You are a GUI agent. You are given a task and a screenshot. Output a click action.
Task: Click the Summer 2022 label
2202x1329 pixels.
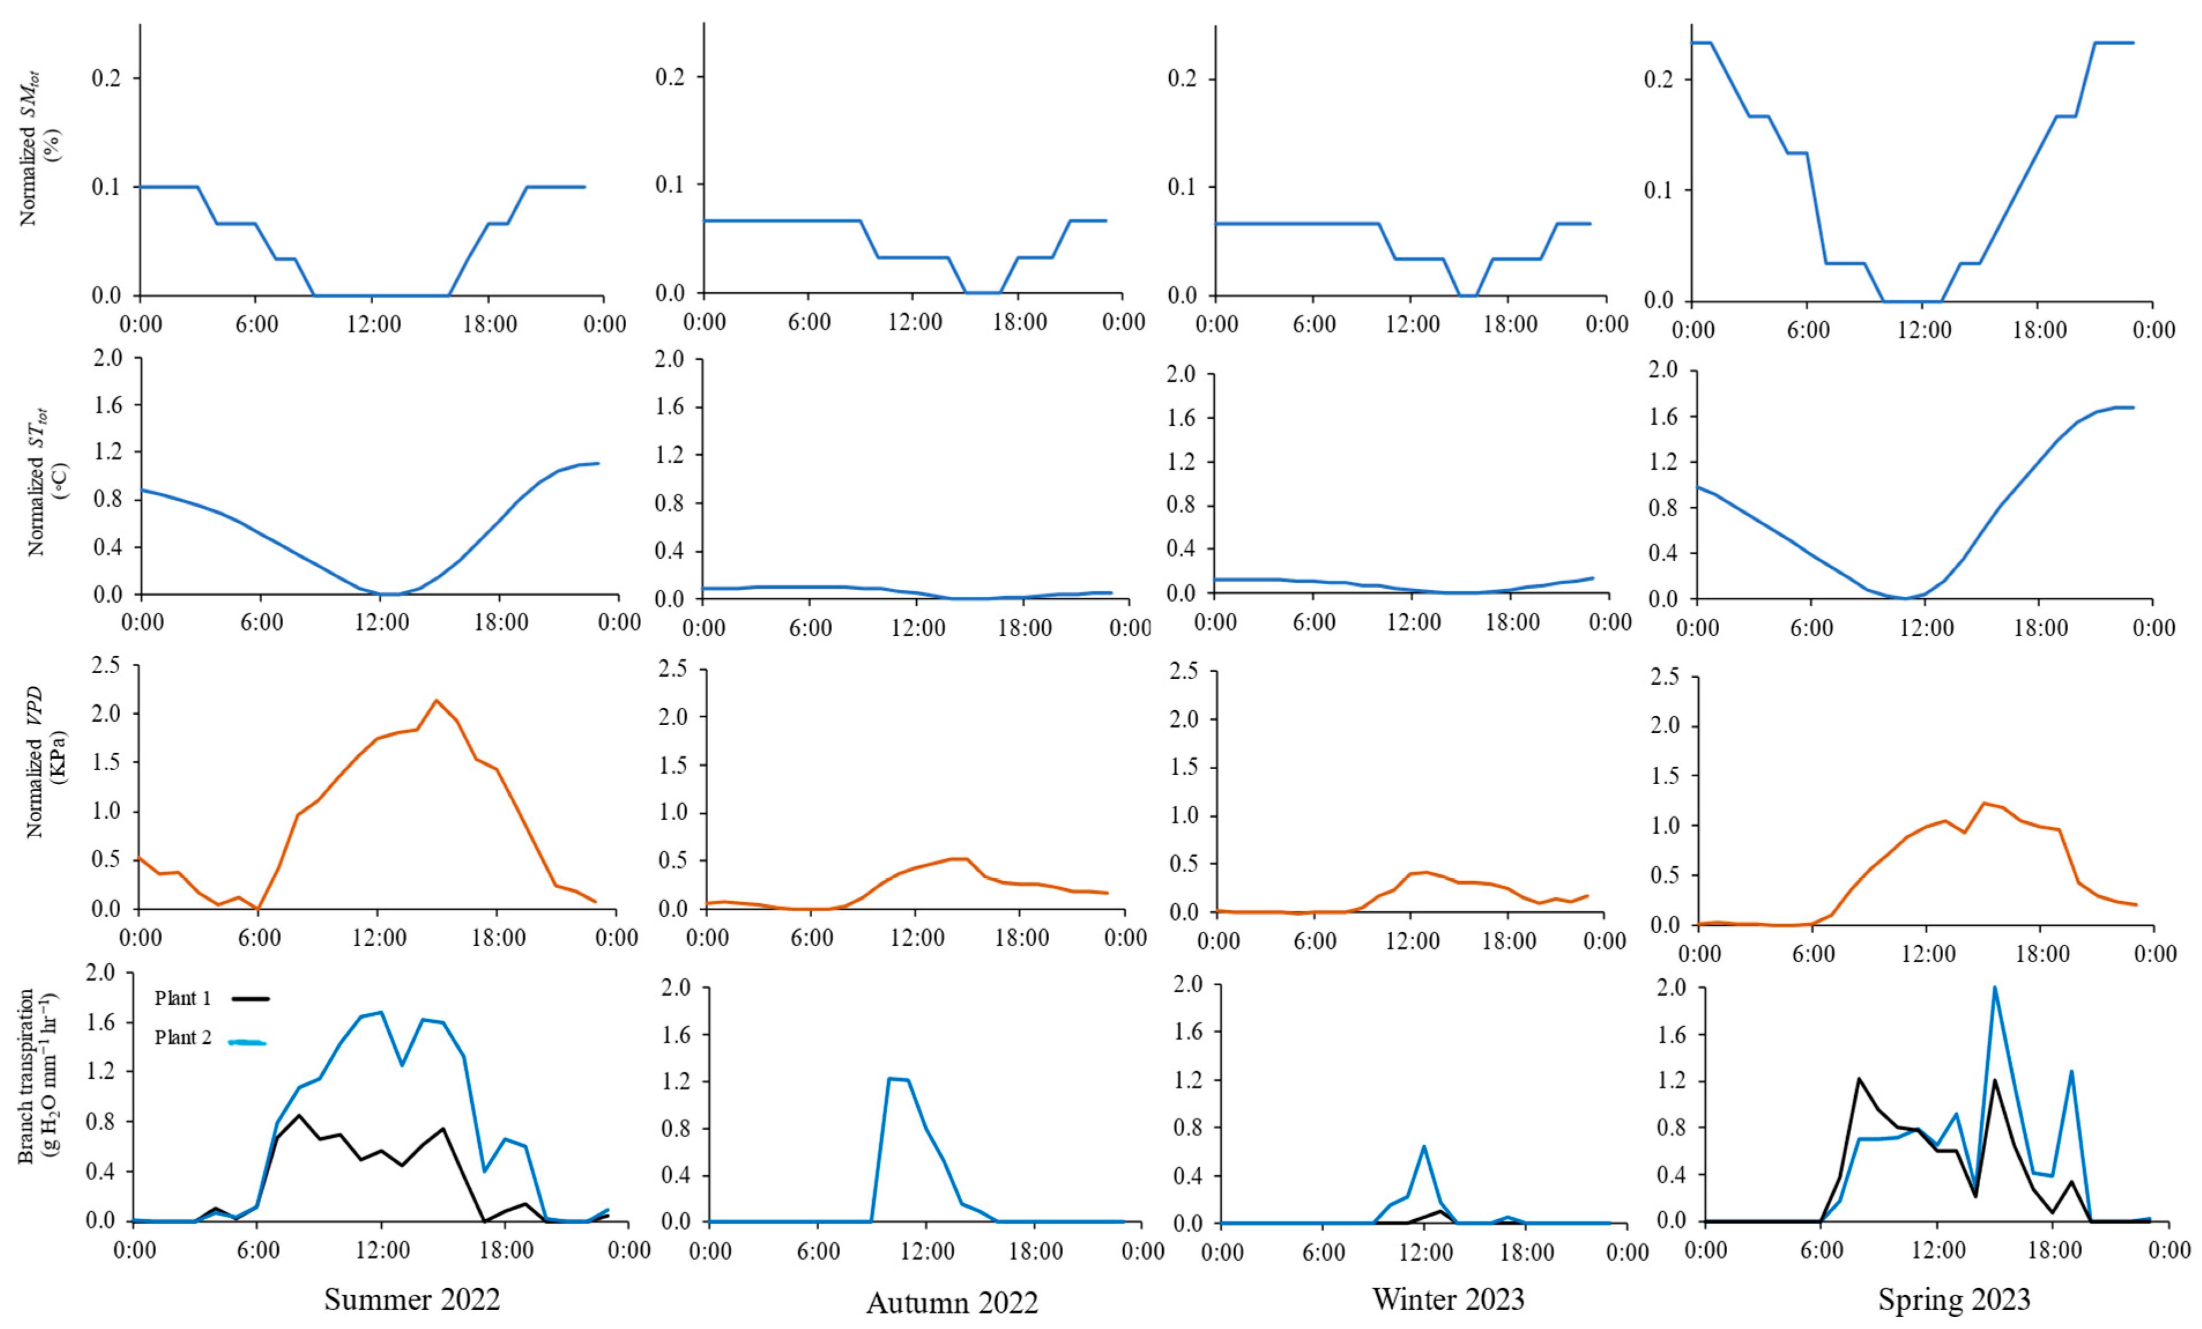pos(411,1298)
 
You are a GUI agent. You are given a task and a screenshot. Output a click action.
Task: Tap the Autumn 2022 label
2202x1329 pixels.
pos(952,1302)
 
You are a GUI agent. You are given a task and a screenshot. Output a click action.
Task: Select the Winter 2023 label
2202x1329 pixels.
pos(1448,1298)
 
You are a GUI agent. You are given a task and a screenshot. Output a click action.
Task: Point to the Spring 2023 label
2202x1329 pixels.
pos(1954,1298)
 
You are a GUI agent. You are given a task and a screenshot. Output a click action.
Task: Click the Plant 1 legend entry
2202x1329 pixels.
pos(183,998)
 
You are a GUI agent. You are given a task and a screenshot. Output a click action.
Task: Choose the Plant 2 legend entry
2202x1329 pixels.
pos(183,1038)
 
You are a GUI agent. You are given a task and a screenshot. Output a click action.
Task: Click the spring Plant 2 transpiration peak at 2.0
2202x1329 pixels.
pos(1994,988)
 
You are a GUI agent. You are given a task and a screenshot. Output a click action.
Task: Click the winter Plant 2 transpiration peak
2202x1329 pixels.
pos(1423,1146)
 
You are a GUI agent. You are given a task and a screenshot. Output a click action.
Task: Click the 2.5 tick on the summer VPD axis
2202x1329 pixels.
pos(106,665)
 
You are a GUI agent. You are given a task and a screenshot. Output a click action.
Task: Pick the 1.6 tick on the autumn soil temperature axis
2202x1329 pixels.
pos(669,407)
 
